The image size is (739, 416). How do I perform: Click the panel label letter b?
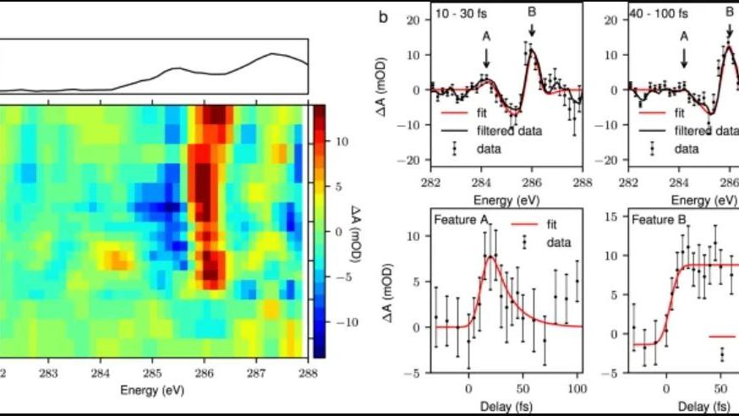click(x=383, y=15)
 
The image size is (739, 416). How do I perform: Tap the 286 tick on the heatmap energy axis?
click(x=204, y=371)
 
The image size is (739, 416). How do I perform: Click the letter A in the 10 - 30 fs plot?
click(x=486, y=37)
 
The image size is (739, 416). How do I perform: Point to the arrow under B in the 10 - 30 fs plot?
click(x=532, y=31)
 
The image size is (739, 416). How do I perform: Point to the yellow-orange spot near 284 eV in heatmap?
click(x=112, y=256)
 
